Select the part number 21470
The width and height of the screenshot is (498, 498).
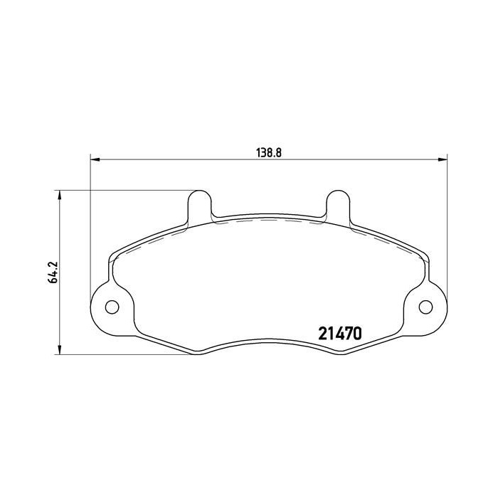click(339, 332)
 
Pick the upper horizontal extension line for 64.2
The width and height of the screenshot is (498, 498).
click(121, 190)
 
